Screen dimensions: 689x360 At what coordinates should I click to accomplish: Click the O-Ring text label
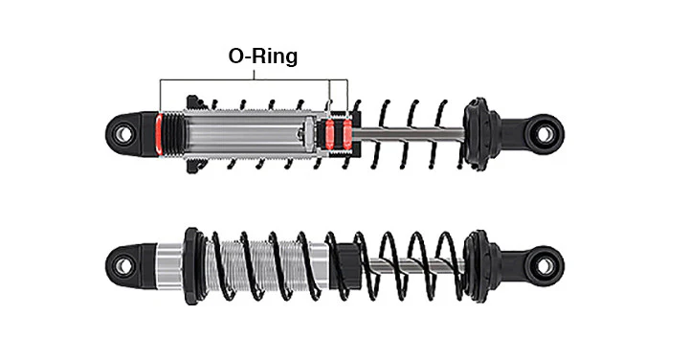(x=263, y=56)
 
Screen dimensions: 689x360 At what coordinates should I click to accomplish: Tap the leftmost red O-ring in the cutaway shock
(x=159, y=134)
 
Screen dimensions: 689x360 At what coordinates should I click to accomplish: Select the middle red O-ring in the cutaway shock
(x=329, y=134)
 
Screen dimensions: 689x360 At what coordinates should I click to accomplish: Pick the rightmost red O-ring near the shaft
(x=347, y=134)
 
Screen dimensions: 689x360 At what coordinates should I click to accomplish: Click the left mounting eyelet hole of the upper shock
(x=122, y=134)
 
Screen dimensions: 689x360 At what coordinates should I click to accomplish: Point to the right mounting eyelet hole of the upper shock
(x=545, y=134)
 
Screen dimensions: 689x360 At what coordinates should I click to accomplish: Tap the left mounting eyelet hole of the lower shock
(x=122, y=266)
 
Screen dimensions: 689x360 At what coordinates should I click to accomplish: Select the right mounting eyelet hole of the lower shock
(x=545, y=266)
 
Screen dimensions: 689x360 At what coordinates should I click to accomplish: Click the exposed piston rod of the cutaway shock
(x=409, y=133)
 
